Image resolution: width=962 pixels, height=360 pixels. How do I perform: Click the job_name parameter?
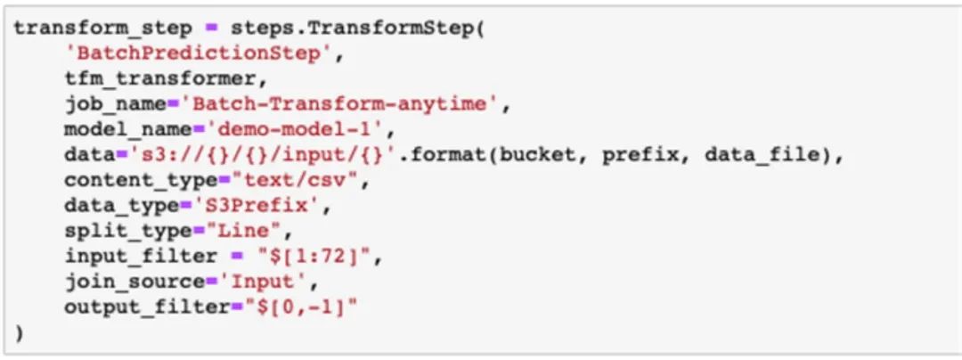[105, 104]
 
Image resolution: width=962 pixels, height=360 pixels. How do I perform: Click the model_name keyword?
[114, 130]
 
